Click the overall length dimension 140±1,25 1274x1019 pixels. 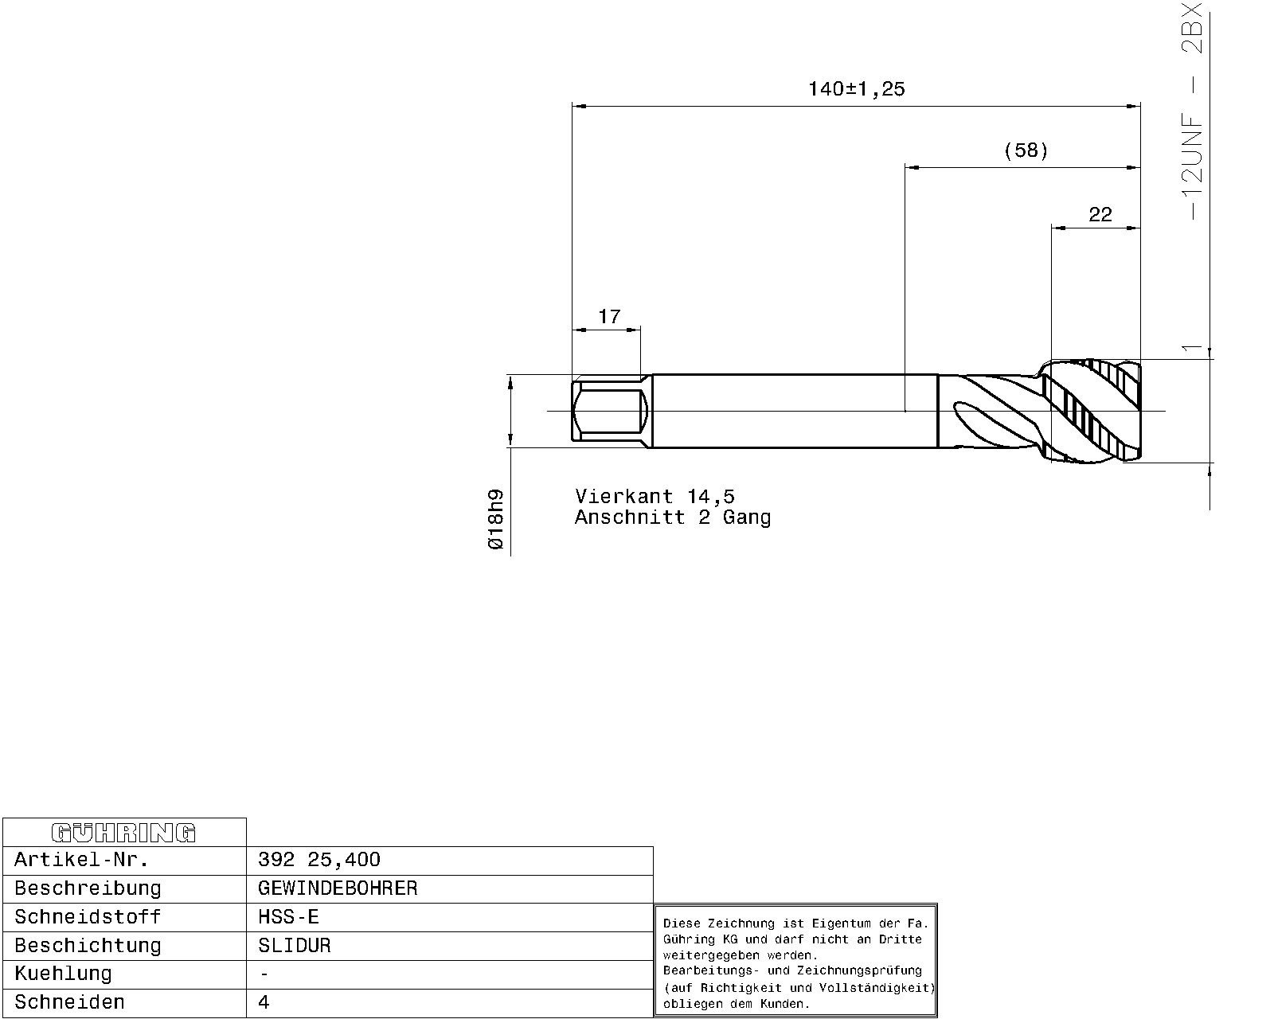tap(856, 89)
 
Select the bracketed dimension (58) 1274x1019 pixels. tap(1026, 150)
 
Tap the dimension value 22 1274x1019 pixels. tap(1100, 213)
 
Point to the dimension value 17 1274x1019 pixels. tap(609, 316)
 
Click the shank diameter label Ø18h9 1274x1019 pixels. tap(495, 519)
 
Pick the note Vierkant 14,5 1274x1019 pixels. tap(655, 496)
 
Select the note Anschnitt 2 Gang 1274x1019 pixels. tap(673, 517)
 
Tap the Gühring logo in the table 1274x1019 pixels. tap(123, 833)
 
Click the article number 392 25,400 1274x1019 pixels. tap(319, 859)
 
